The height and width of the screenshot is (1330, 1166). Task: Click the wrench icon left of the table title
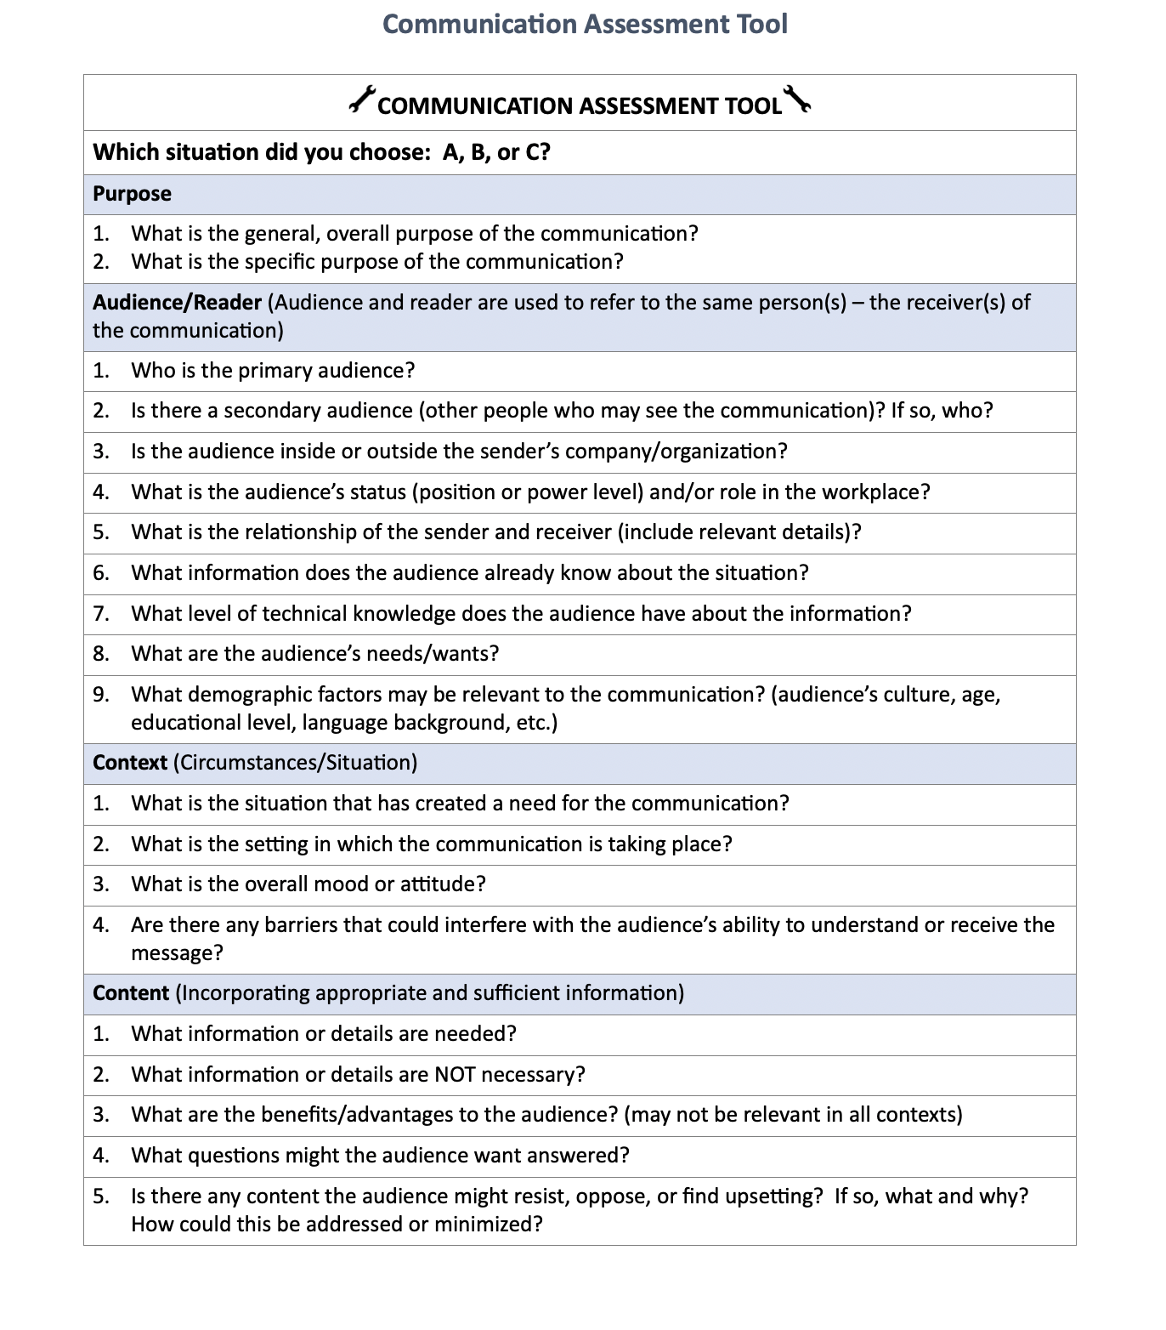(x=361, y=99)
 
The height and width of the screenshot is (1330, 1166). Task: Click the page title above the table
(x=585, y=24)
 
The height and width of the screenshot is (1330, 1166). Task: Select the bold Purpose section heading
(x=132, y=194)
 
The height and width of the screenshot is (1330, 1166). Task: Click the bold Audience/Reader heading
(x=177, y=303)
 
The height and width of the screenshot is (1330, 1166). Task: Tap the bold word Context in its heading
(x=129, y=763)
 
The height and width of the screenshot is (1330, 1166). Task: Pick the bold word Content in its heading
(x=131, y=993)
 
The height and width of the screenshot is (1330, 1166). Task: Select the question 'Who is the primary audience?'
(x=273, y=371)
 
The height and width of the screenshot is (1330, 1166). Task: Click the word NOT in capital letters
(x=455, y=1075)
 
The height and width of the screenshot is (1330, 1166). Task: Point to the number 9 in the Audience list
(x=100, y=695)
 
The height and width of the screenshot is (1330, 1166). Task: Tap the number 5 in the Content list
(x=100, y=1196)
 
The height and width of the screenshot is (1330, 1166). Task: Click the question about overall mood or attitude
(x=308, y=884)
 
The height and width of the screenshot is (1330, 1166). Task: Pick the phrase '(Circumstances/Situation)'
(x=295, y=763)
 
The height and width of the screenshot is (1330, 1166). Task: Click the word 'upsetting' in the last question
(x=772, y=1196)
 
